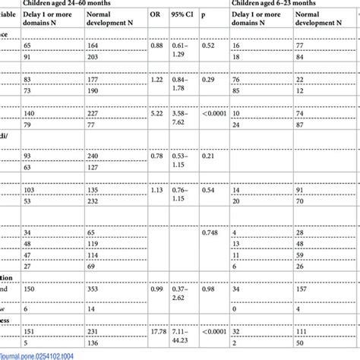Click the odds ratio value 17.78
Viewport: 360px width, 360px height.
tap(158, 332)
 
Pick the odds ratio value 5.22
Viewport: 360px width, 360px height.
tap(156, 113)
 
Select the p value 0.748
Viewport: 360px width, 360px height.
tap(213, 233)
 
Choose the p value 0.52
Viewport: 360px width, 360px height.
tap(209, 46)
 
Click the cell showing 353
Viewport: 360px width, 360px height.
tap(95, 289)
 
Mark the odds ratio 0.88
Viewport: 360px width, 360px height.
tap(156, 46)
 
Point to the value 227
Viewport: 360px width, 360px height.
tap(94, 113)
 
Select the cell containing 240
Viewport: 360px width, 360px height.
tap(94, 156)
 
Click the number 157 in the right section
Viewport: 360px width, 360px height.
tap(301, 289)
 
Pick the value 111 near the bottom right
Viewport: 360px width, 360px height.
tap(301, 332)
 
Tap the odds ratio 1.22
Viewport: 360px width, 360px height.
tap(156, 79)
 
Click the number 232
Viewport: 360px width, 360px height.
tap(94, 201)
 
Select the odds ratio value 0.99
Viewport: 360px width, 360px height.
tap(156, 289)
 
